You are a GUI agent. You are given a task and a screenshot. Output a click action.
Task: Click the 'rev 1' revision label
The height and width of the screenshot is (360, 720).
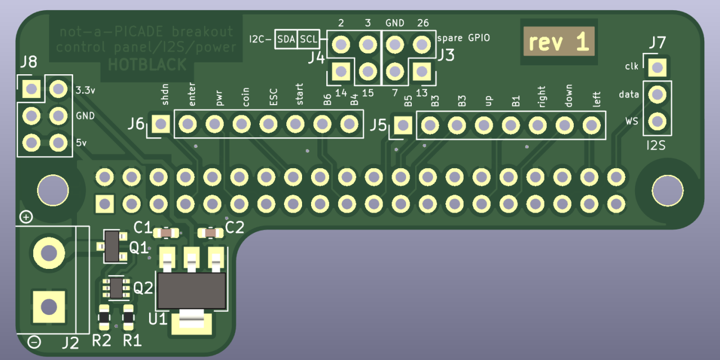[x=559, y=42]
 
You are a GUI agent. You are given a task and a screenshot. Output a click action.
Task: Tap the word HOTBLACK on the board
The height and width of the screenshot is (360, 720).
[x=147, y=65]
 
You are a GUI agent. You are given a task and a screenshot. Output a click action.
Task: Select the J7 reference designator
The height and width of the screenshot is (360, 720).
[x=656, y=43]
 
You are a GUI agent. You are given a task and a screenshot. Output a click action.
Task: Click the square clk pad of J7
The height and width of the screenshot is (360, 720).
[x=656, y=67]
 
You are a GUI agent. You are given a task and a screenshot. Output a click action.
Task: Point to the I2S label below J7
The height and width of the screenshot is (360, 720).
[x=656, y=146]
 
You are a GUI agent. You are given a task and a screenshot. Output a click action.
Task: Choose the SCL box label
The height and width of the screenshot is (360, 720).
[x=308, y=39]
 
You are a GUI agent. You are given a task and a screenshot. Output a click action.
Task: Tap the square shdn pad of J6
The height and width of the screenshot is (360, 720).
[x=161, y=124]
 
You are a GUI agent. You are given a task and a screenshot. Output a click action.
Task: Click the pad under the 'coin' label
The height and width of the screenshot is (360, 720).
[x=241, y=124]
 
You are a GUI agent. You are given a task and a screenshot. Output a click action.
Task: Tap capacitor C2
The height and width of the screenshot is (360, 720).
[x=210, y=232]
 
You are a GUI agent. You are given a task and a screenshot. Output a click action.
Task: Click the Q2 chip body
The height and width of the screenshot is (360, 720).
[x=116, y=287]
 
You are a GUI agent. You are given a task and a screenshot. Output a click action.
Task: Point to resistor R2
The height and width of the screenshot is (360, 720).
[x=103, y=318]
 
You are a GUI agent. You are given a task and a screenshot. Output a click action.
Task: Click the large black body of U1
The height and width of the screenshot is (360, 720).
[x=191, y=290]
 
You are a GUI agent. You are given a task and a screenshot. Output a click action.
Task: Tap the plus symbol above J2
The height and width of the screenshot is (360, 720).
[x=26, y=217]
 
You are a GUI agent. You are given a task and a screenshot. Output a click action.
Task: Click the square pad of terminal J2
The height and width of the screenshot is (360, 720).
[x=48, y=307]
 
